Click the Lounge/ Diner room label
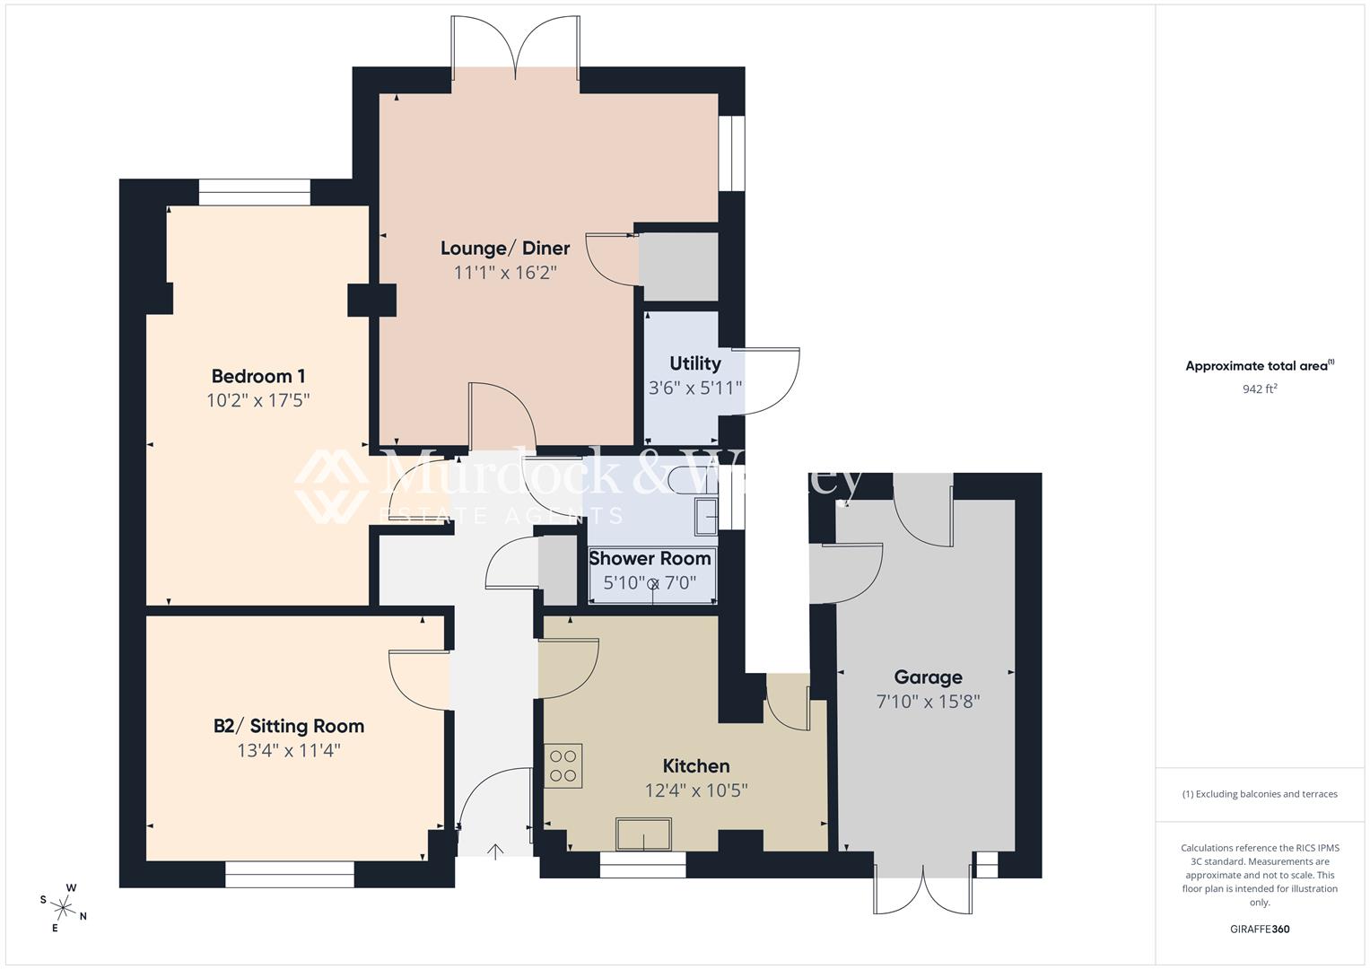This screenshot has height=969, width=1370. pos(505,249)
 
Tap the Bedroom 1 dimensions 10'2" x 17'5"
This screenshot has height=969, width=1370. pos(258,400)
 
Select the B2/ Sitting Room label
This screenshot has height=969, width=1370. pos(289,726)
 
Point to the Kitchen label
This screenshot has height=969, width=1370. pos(695,765)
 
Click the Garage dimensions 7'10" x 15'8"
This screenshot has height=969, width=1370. pos(928,702)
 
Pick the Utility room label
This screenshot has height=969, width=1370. pos(694,363)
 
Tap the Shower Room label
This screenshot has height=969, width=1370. pos(650,558)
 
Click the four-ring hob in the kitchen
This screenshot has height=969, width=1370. pos(563,765)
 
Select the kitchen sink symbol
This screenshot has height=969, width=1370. pos(643,834)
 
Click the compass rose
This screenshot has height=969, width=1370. pos(63,906)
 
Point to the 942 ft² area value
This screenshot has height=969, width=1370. pos(1259,389)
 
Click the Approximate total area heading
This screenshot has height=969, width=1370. pos(1259,366)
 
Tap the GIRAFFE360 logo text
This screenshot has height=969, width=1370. pos(1259,930)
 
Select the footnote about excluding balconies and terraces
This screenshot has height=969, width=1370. pos(1259,794)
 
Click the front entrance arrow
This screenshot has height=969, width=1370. pos(495,850)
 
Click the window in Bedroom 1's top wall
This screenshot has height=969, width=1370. pos(254,192)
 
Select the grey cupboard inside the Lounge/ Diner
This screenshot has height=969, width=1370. pos(678,266)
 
